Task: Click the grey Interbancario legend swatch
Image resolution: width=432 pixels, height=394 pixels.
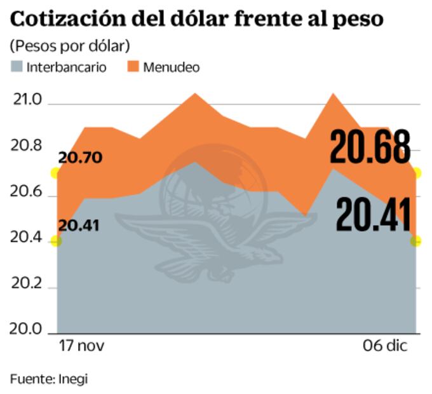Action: [x=17, y=66]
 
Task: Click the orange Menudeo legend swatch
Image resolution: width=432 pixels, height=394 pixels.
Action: [x=133, y=66]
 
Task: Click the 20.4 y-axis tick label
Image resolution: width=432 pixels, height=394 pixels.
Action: [x=26, y=239]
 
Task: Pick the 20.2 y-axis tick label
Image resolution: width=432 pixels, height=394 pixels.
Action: [x=26, y=285]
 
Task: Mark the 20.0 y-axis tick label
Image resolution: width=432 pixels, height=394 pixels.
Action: [x=26, y=330]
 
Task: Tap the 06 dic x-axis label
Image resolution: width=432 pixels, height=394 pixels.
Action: [x=387, y=346]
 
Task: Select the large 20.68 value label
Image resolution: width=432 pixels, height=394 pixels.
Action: [x=370, y=147]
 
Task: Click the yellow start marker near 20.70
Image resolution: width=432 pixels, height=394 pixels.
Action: [x=56, y=173]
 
